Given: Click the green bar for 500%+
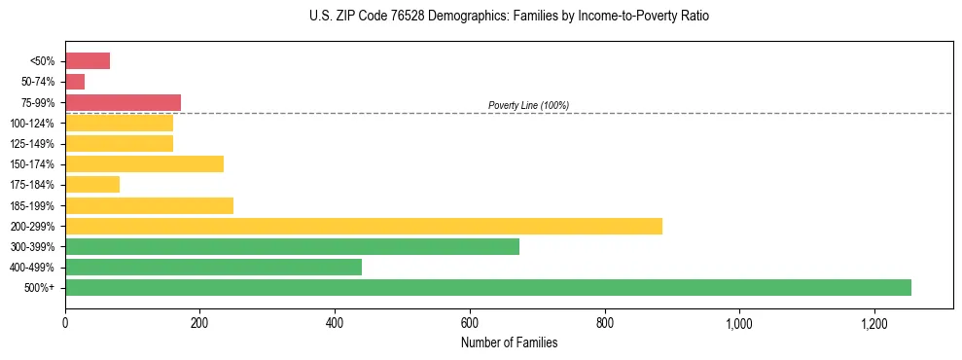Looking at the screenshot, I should pos(487,288).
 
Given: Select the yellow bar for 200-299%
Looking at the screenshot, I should pos(363,226).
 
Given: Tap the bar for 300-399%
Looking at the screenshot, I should pos(292,247).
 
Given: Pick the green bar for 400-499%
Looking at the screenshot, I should pos(213,268).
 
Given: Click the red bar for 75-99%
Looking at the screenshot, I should pos(123,102).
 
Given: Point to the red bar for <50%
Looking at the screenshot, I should pos(88,61).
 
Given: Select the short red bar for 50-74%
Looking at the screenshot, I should pos(75,82).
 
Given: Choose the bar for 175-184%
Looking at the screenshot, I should pos(92,185).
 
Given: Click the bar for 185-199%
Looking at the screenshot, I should pos(149,205).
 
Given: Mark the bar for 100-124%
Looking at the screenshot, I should pos(119,124).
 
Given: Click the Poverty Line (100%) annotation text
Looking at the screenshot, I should pos(528,105).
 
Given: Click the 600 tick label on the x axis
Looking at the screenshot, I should pos(470,323).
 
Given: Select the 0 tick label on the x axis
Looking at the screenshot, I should pos(65,323).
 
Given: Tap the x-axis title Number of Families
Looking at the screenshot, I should pos(509,342).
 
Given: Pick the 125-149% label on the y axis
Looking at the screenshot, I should pos(32,144).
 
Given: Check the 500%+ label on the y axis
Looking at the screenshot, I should pos(40,288).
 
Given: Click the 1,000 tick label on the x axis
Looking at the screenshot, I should pos(739,323).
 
